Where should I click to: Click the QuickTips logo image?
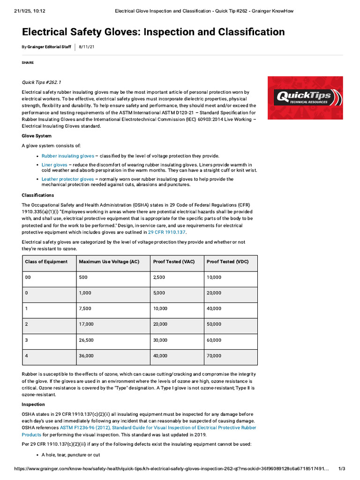pos(305,97)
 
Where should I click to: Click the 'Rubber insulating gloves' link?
pos(68,156)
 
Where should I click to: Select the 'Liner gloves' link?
pos(54,165)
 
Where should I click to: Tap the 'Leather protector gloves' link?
pos(68,179)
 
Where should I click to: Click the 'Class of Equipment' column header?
pos(46,262)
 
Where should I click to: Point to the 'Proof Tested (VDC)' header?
pos(228,262)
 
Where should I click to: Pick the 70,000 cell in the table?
pos(214,356)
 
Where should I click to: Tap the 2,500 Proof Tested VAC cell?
pos(159,277)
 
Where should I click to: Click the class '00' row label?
pos(28,277)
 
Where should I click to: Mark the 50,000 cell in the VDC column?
pos(214,324)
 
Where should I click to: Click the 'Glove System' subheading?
pos(37,136)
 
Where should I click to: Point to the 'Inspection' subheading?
pos(33,404)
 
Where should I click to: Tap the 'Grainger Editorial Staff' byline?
pos(49,47)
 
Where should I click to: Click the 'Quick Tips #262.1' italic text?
pos(42,82)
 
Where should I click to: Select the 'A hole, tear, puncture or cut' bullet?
pos(70,455)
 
